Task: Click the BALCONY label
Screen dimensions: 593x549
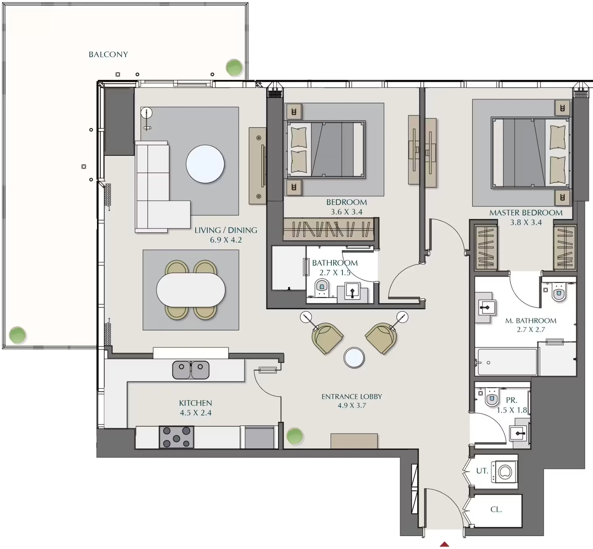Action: point(108,55)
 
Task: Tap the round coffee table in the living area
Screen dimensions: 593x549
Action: point(205,164)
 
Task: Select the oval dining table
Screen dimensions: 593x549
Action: point(191,290)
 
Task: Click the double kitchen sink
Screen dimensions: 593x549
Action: point(191,370)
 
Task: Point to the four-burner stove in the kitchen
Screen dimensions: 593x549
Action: point(176,437)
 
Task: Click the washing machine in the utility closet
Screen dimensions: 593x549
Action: point(504,472)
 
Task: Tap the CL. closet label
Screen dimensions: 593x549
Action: point(496,509)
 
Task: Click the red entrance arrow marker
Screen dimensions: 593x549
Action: point(444,544)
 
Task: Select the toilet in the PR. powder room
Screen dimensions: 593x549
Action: point(492,397)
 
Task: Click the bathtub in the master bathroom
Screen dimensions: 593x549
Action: point(507,362)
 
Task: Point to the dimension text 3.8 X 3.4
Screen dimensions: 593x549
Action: point(526,223)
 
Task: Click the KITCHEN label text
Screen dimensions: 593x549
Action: point(196,403)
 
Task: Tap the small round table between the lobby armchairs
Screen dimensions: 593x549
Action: point(354,358)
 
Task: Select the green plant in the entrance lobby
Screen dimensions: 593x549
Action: point(295,436)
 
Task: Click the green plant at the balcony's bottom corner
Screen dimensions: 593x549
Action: point(18,335)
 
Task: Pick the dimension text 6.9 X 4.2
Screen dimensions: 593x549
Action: point(226,240)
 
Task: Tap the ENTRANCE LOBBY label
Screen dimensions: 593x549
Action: point(352,397)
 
